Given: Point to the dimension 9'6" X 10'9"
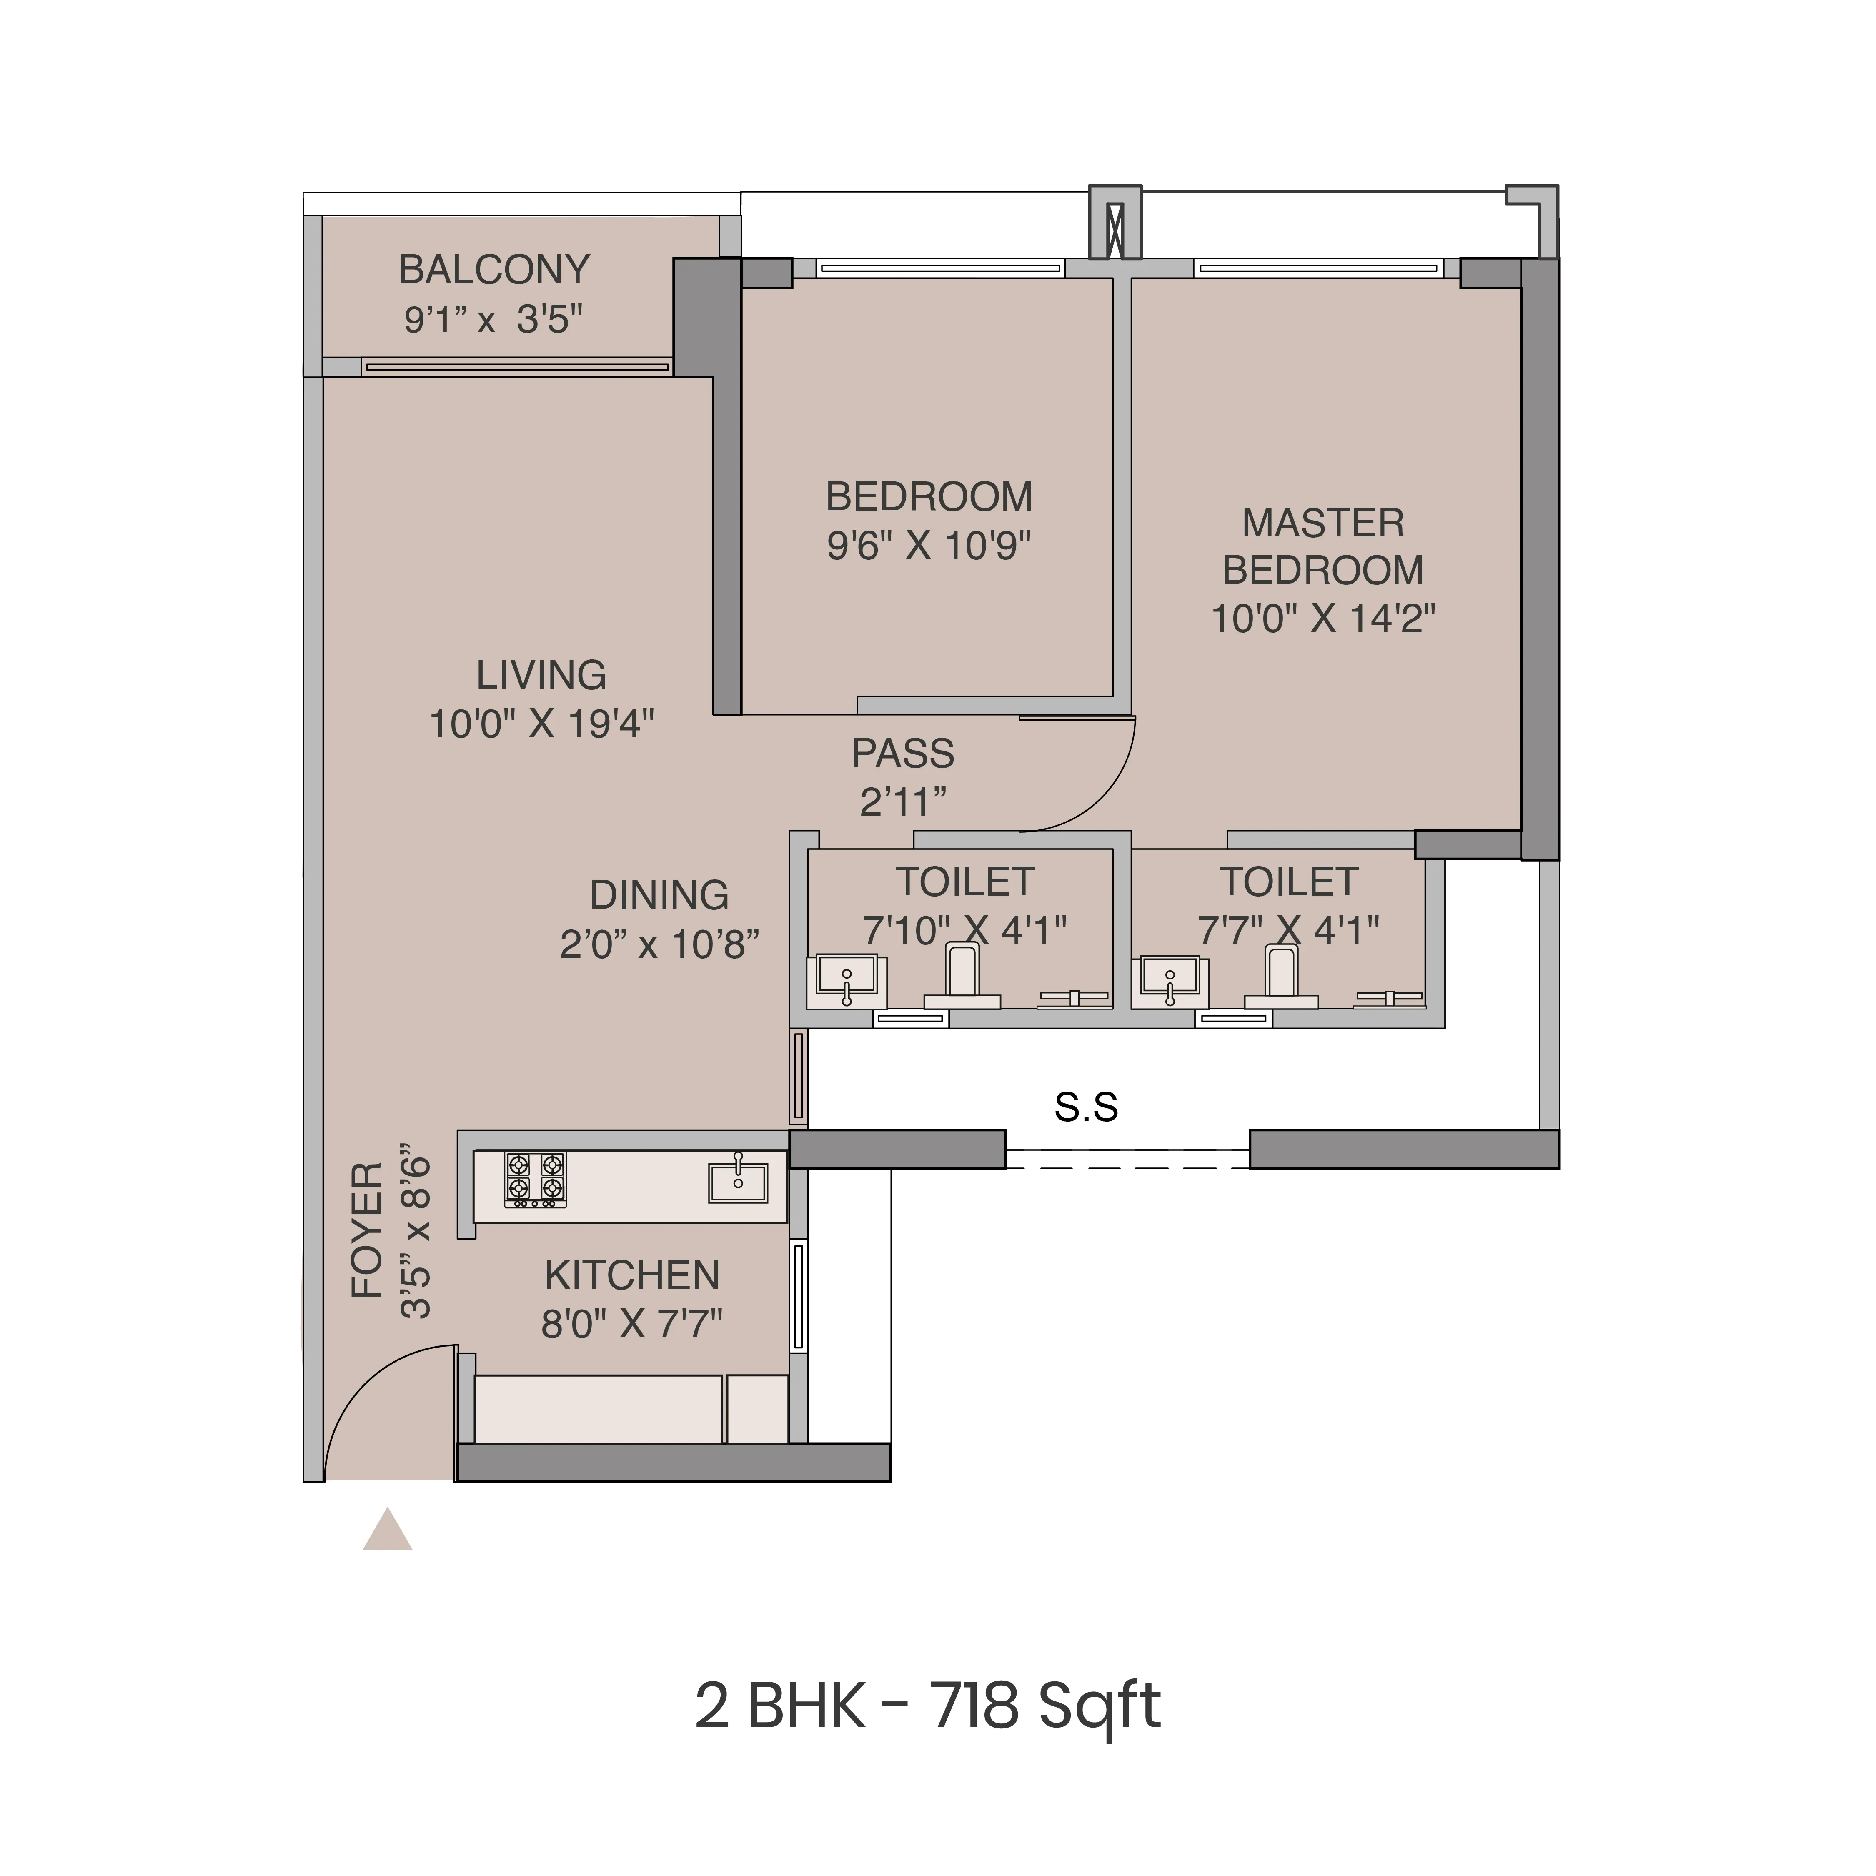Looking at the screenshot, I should pyautogui.click(x=928, y=546).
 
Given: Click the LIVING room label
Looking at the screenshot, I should pyautogui.click(x=541, y=675).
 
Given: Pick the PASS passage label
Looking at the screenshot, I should pyautogui.click(x=903, y=754).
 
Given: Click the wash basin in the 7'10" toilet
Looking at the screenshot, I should pyautogui.click(x=847, y=979).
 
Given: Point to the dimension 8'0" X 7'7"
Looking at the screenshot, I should pyautogui.click(x=632, y=1323).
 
